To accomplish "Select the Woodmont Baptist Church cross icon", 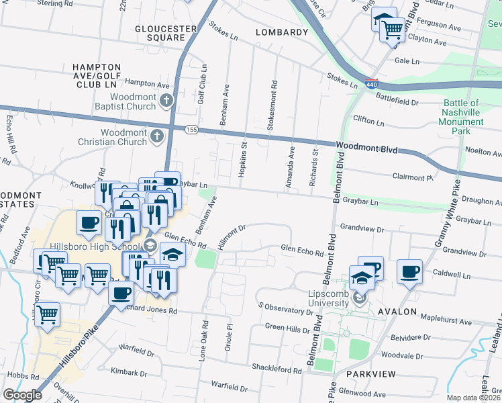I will pyautogui.click(x=168, y=101).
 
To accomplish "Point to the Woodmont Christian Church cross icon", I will pyautogui.click(x=156, y=136).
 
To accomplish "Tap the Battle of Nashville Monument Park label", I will pyautogui.click(x=460, y=117).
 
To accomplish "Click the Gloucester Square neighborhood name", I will pyautogui.click(x=165, y=34).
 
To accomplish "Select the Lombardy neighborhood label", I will pyautogui.click(x=281, y=32).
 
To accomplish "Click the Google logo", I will pyautogui.click(x=22, y=394).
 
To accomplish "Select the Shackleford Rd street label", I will pyautogui.click(x=277, y=370).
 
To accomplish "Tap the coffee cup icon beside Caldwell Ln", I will pyautogui.click(x=409, y=272).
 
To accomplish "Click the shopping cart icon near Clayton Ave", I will pyautogui.click(x=391, y=28).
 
